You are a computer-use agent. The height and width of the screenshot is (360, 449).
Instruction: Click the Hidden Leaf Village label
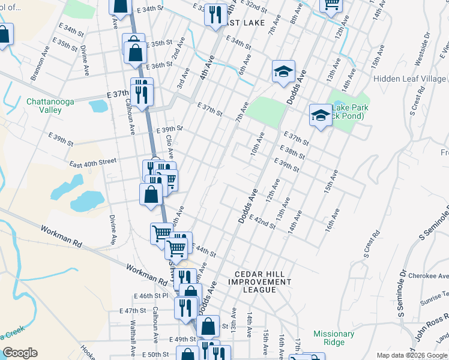409,79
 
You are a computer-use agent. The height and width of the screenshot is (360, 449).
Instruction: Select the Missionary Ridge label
333,338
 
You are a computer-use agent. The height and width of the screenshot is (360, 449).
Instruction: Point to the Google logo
20,353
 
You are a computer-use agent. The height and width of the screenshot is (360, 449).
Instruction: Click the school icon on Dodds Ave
283,73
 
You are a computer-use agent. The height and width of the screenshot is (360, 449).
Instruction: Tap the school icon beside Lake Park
321,115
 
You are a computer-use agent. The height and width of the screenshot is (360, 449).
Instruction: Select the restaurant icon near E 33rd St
215,14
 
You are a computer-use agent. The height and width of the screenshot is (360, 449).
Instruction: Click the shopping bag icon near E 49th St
208,327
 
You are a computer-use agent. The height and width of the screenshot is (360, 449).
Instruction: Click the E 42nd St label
262,221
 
